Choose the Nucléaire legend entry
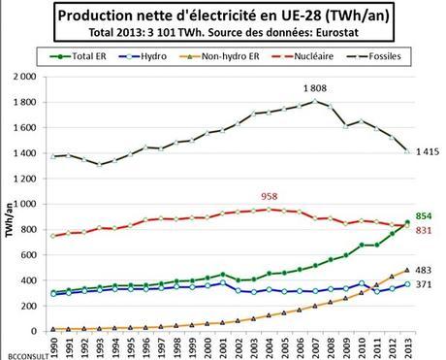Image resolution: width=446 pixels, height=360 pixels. [318, 57]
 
